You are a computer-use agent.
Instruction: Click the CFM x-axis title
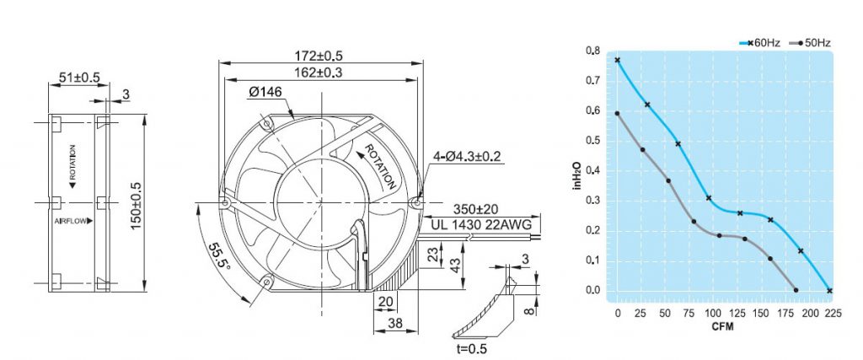tap(722, 325)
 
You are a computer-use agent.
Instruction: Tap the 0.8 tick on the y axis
tap(593, 51)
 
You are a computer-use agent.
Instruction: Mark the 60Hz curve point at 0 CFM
tap(618, 60)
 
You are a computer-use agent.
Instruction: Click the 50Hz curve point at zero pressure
tap(796, 291)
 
